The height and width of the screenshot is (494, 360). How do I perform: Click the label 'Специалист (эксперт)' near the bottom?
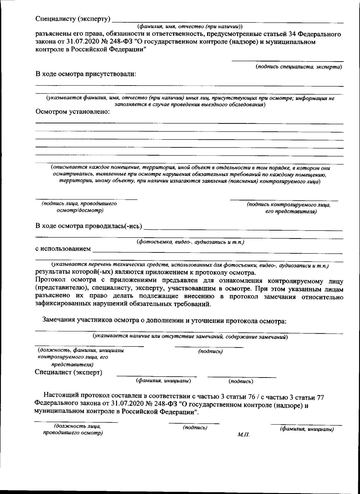click(68, 372)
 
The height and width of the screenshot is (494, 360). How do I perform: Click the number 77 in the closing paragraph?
click(320, 397)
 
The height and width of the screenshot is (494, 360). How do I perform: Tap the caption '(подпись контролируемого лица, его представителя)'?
click(288, 208)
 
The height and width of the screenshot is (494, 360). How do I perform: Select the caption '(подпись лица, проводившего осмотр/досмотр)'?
click(79, 207)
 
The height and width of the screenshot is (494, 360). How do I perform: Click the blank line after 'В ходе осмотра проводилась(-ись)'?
click(243, 230)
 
